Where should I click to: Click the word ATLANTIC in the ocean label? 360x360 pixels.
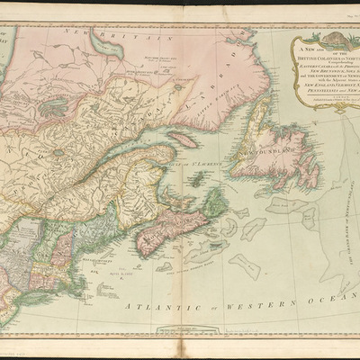click(x=139, y=308)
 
